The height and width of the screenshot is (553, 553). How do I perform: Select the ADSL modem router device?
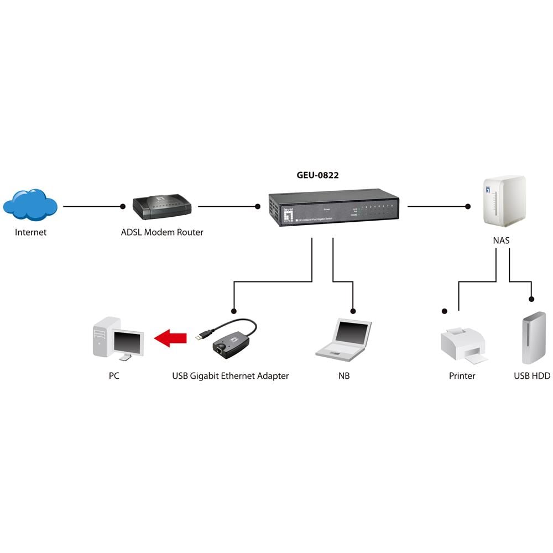point(161,207)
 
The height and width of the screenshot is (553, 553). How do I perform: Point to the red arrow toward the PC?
point(170,337)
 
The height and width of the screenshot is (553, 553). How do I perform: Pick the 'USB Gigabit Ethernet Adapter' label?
point(230,376)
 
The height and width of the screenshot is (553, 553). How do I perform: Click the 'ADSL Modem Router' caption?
point(162,232)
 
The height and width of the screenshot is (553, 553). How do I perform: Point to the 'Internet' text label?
point(30,232)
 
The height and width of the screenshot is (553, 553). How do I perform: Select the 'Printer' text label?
point(462,376)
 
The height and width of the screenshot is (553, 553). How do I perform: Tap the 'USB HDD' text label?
point(531,376)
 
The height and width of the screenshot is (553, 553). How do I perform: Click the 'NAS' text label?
point(502,241)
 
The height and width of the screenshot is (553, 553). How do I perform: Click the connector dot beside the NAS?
point(468,206)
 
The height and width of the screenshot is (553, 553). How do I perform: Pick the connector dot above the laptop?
point(353,310)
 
